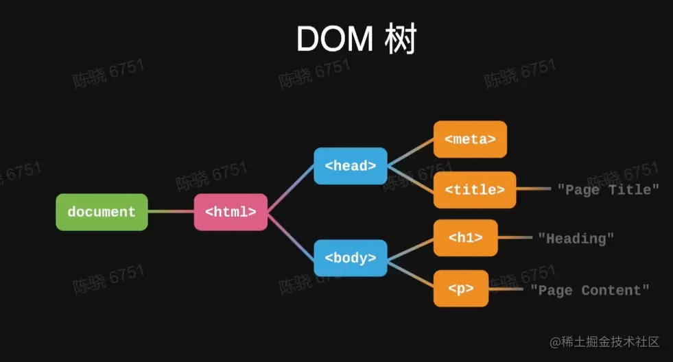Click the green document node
(x=102, y=212)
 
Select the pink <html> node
(x=231, y=212)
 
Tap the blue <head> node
(x=350, y=166)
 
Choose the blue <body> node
(x=350, y=258)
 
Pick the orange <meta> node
(x=470, y=139)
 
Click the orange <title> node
(x=474, y=190)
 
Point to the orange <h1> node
(x=465, y=238)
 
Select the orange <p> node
(x=460, y=288)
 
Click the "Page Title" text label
(x=608, y=189)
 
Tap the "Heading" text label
(x=576, y=238)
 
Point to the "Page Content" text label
(x=589, y=290)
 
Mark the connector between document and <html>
(x=171, y=212)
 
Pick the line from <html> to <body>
(x=291, y=235)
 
